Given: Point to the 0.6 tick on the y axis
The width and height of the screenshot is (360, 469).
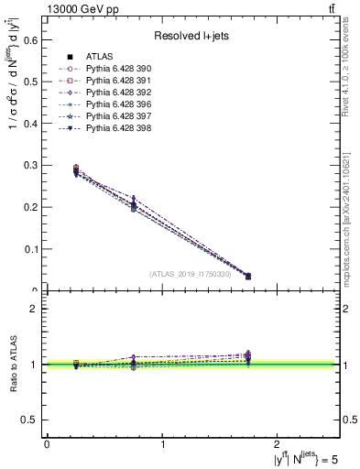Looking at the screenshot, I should [x=30, y=39].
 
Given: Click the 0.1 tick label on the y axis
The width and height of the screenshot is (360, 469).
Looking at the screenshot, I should [x=30, y=249].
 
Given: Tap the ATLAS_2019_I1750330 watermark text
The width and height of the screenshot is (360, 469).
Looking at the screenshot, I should [x=189, y=274].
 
